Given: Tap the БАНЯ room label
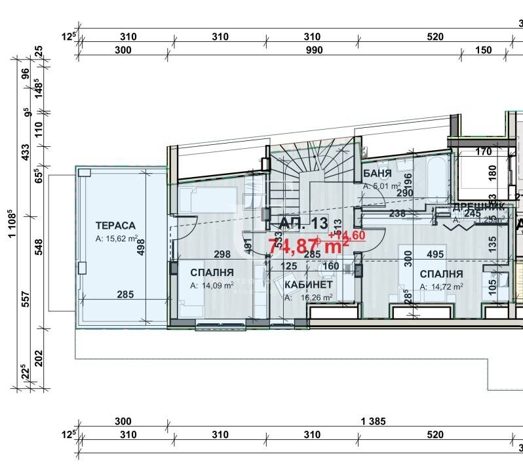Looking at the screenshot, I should click(x=377, y=174).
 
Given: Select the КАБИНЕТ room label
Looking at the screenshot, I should click(x=308, y=285).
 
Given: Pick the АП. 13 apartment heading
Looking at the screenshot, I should click(x=303, y=223).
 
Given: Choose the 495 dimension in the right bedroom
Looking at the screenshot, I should click(x=435, y=254).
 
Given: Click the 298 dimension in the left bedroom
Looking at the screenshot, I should click(x=204, y=254).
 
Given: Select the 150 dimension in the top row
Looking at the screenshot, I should click(x=483, y=50).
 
